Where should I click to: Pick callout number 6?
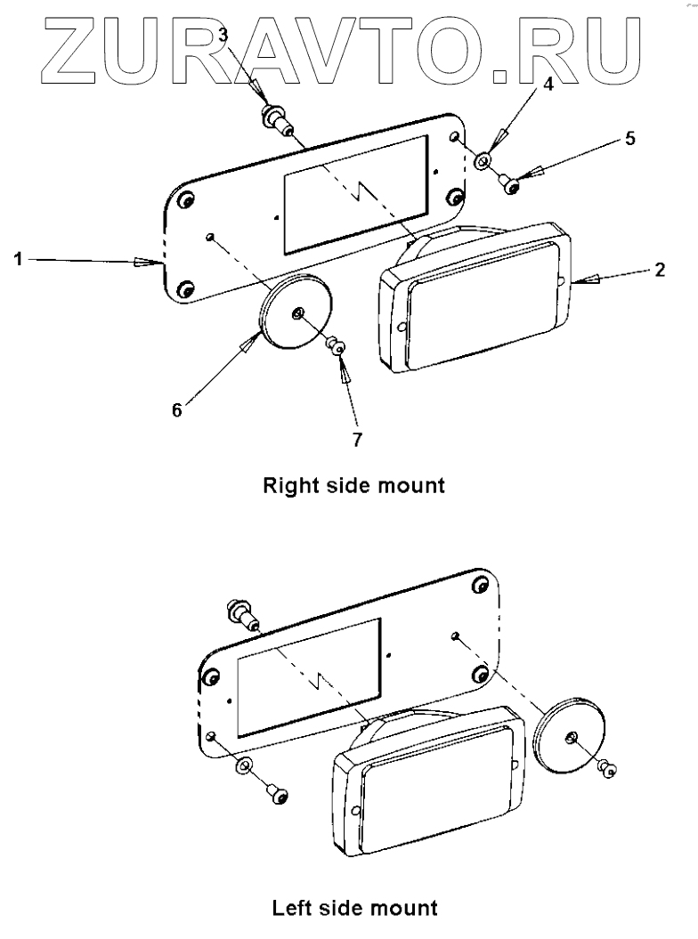(176, 409)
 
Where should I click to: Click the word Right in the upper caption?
(288, 487)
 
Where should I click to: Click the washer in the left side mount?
(242, 768)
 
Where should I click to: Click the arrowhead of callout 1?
(147, 262)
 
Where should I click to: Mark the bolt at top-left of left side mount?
(239, 612)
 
